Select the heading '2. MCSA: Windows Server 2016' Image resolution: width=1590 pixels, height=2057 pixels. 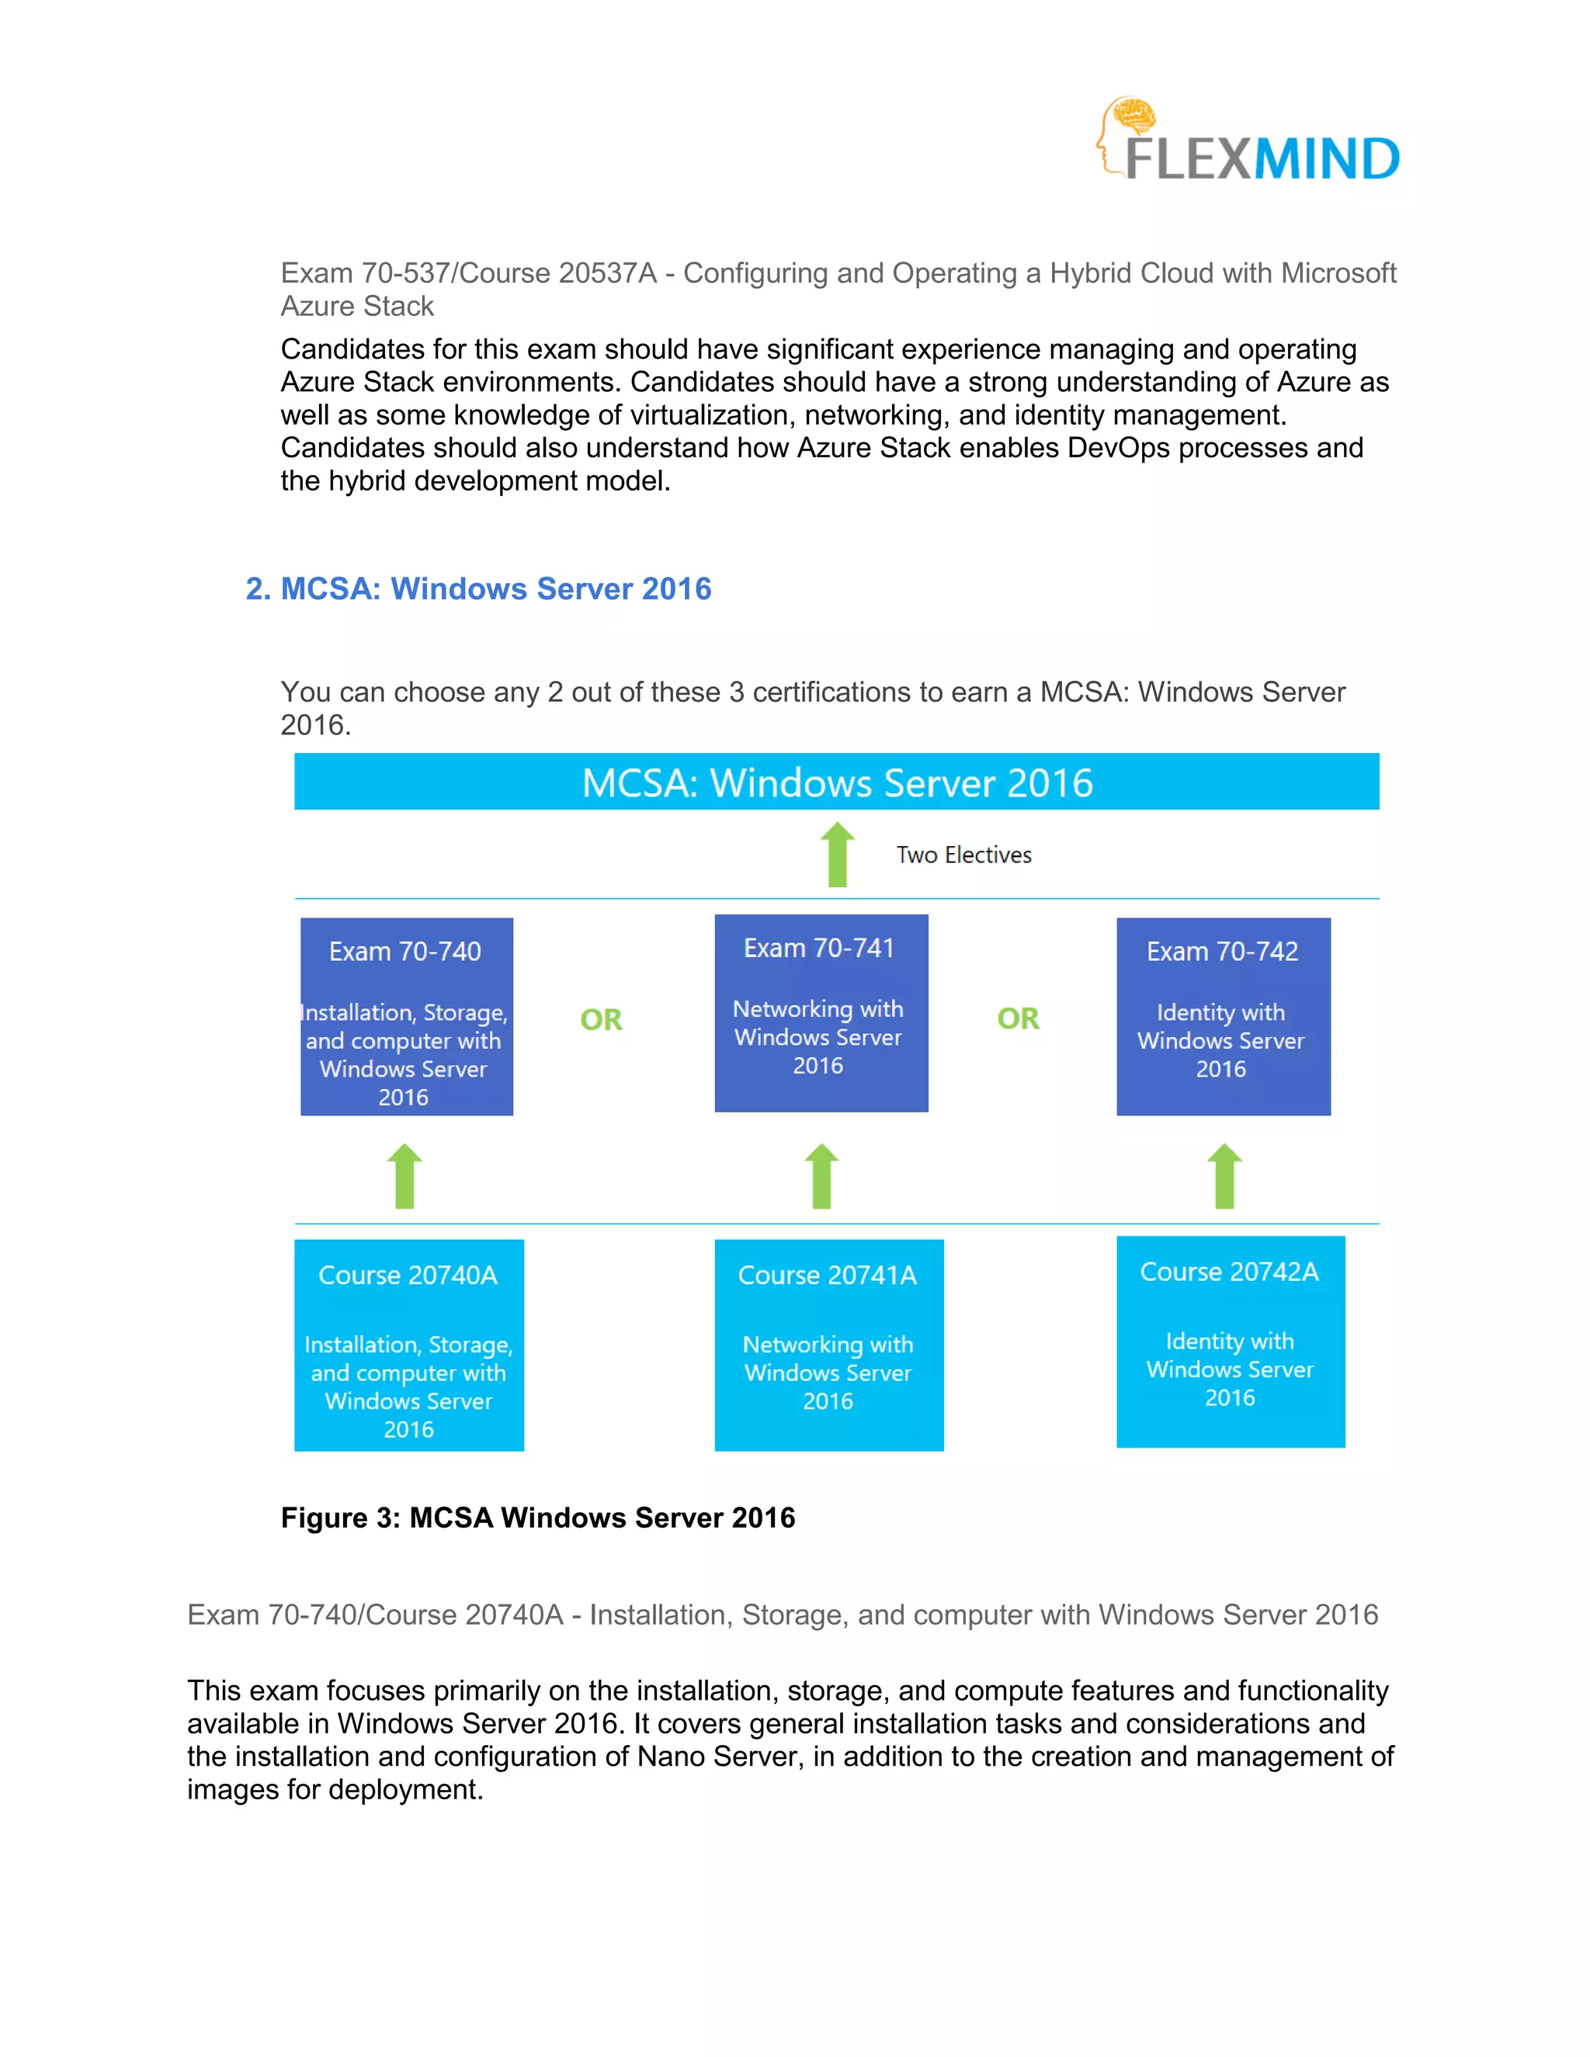pyautogui.click(x=477, y=588)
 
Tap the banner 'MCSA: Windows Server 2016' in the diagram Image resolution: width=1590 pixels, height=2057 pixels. pyautogui.click(x=836, y=782)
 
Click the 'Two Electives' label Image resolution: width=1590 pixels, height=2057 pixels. pyautogui.click(x=963, y=855)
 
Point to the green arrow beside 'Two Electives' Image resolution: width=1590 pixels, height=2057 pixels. pyautogui.click(x=836, y=855)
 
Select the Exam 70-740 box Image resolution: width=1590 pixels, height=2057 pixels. pyautogui.click(x=407, y=1016)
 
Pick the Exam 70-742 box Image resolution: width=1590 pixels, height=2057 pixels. pyautogui.click(x=1223, y=1016)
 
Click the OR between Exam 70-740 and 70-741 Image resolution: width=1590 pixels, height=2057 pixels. pyautogui.click(x=601, y=1019)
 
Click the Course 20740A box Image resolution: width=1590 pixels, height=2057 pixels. pyautogui.click(x=409, y=1345)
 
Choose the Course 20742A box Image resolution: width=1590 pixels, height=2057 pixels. pyautogui.click(x=1231, y=1341)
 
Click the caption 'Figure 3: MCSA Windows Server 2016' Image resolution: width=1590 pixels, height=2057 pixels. pyautogui.click(x=538, y=1518)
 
